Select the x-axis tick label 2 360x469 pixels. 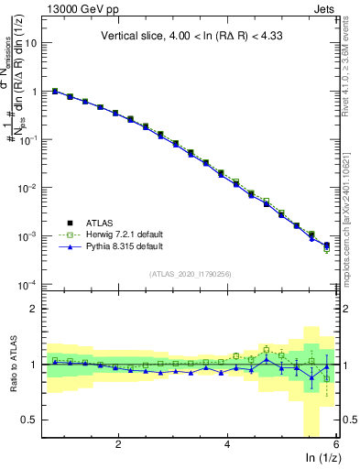118,444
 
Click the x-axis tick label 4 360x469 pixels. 227,444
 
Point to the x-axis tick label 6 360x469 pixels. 335,444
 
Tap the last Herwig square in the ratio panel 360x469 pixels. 327,378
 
